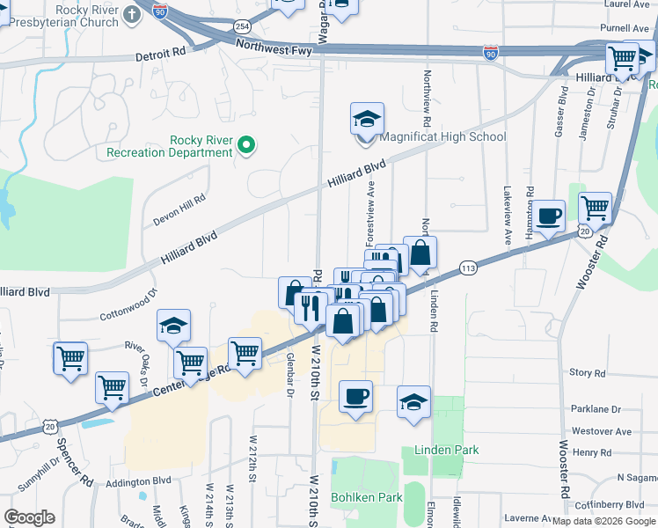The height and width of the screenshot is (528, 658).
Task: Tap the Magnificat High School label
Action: (x=442, y=136)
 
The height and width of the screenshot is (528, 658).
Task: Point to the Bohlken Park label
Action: (x=366, y=497)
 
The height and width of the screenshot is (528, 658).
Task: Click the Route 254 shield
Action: (x=243, y=28)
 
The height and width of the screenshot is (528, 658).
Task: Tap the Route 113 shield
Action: (x=468, y=267)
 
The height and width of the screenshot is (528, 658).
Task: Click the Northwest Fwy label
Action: (x=274, y=51)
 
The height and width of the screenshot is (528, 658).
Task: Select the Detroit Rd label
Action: (x=161, y=54)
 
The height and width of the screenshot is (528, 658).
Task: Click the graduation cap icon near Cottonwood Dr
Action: (x=174, y=326)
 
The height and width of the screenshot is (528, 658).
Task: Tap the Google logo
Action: (x=30, y=517)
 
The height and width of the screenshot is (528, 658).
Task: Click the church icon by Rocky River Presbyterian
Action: (x=132, y=13)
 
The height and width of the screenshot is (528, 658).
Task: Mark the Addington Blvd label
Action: (x=140, y=481)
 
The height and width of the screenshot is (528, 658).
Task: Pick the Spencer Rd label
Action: (x=74, y=464)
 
